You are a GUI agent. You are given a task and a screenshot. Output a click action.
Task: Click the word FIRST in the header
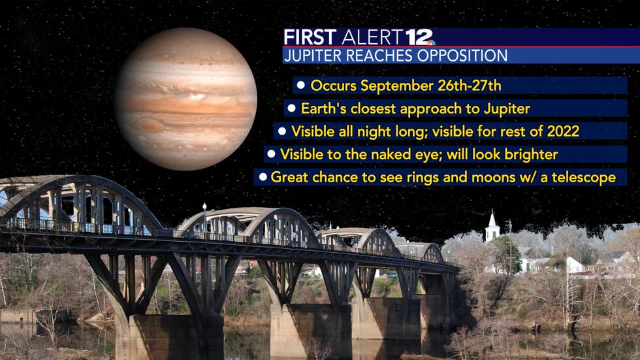(x=311, y=37)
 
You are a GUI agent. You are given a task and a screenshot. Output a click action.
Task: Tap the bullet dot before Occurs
(x=301, y=85)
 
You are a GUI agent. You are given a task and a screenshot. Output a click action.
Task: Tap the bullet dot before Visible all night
(x=282, y=131)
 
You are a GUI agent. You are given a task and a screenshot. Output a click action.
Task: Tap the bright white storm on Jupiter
(x=196, y=96)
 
